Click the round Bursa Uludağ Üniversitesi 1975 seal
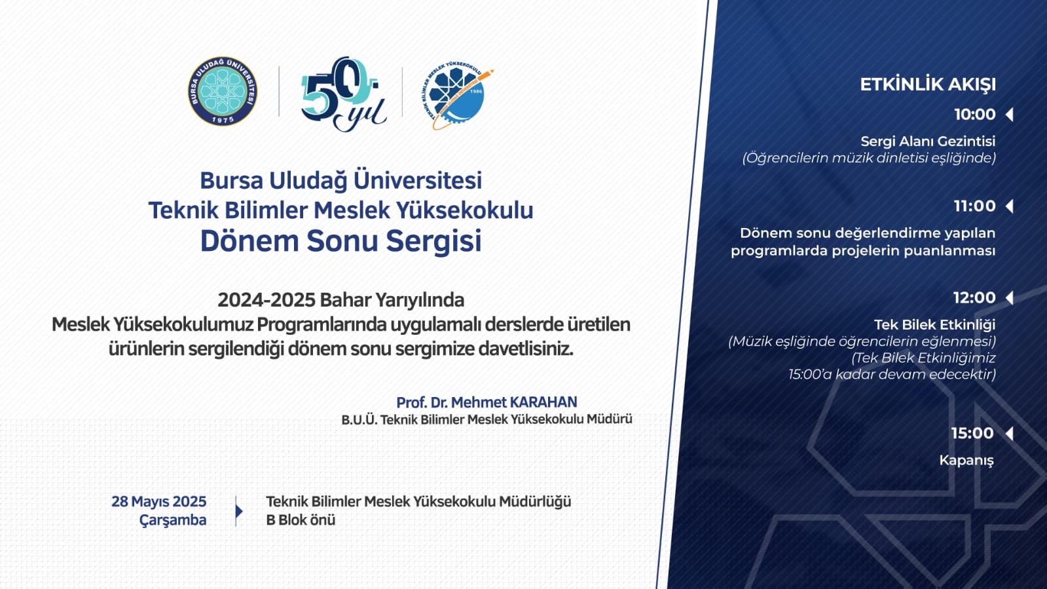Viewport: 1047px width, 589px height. (223, 91)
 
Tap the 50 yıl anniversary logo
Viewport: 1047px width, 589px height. (344, 94)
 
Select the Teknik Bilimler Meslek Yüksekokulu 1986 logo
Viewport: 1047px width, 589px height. (457, 96)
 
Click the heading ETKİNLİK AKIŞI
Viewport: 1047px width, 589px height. (928, 85)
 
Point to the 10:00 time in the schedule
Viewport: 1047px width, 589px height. (974, 115)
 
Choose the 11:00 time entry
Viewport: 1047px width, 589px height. (974, 206)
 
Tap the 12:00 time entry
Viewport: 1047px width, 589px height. (974, 297)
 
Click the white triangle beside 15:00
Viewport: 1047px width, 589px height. (1009, 433)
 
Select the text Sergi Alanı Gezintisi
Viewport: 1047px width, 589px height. (928, 142)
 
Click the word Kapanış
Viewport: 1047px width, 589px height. (966, 461)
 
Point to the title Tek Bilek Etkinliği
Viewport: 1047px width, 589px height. (935, 324)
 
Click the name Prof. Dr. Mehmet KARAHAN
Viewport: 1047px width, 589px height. (487, 402)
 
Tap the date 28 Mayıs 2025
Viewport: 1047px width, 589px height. (159, 501)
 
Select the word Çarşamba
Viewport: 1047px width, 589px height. (173, 520)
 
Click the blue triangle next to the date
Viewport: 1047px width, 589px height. (239, 511)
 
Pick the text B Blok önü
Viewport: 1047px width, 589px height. (301, 520)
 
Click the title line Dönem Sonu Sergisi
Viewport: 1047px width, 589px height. (340, 241)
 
